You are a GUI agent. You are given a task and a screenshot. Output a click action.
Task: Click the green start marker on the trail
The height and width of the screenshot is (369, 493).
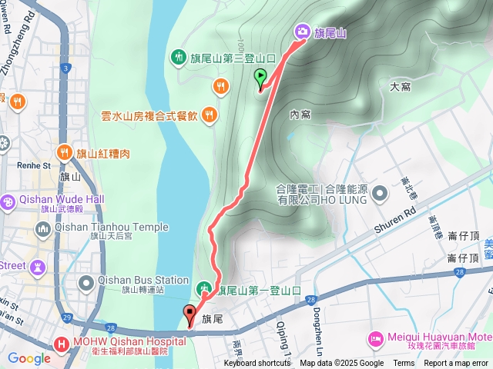click(260, 77)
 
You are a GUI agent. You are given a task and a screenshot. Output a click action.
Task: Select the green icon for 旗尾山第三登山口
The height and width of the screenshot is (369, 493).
click(179, 56)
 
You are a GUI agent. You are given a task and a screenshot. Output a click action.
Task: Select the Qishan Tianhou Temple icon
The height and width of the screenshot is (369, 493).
click(42, 228)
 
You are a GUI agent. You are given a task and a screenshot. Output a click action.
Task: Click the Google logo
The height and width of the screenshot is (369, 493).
click(29, 358)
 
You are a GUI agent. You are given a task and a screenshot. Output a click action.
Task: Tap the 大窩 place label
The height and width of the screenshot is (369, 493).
click(400, 87)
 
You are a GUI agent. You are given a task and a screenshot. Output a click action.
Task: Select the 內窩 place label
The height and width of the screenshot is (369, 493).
click(300, 115)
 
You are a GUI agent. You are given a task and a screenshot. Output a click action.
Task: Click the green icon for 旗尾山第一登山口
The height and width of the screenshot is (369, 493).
click(204, 291)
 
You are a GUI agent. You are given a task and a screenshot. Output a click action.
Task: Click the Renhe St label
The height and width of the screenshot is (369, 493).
click(33, 165)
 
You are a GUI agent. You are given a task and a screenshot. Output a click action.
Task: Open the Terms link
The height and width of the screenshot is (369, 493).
click(404, 364)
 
